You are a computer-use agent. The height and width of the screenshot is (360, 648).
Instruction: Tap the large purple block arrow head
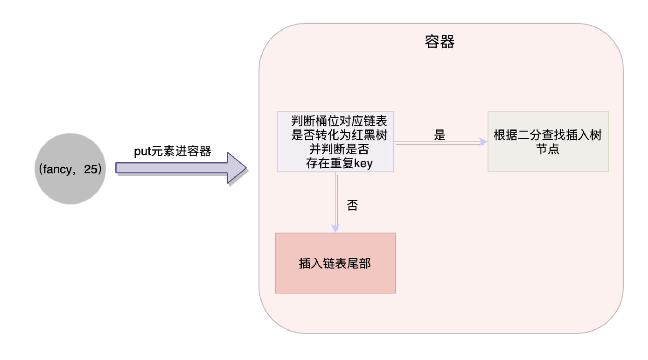[236, 168]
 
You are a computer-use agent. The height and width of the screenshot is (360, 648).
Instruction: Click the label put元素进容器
[172, 151]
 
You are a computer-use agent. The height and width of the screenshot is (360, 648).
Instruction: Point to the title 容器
[439, 42]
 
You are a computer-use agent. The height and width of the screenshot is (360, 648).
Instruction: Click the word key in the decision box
[363, 163]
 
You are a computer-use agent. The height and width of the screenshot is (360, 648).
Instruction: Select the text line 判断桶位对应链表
[339, 121]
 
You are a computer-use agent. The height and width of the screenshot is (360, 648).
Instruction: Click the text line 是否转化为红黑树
[339, 135]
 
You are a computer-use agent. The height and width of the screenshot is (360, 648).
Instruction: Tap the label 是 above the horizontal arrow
[439, 135]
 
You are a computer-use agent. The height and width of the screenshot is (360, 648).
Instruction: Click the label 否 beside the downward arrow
[352, 205]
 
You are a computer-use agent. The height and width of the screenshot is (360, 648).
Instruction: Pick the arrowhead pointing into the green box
[483, 142]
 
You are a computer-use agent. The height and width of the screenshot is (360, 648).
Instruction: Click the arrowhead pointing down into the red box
[336, 228]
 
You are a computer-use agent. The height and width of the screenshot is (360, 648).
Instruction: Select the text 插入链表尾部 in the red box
[335, 263]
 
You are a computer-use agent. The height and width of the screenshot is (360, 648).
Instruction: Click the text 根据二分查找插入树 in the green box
[548, 135]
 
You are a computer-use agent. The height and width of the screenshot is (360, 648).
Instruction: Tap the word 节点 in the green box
[548, 149]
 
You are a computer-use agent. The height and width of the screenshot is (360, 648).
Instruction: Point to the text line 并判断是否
[339, 149]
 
